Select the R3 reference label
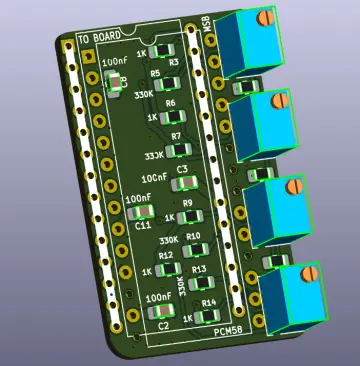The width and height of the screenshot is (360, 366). click(173, 62)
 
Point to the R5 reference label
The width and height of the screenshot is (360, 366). click(156, 75)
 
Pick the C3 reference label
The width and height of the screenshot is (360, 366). click(182, 170)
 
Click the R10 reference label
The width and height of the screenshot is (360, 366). click(193, 236)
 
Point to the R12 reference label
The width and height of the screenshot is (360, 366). click(166, 256)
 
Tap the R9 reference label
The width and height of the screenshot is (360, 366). click(187, 203)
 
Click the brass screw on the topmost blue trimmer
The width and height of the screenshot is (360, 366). click(265, 17)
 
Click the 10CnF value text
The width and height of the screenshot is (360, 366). click(154, 177)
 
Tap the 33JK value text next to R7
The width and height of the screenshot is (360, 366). click(153, 156)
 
